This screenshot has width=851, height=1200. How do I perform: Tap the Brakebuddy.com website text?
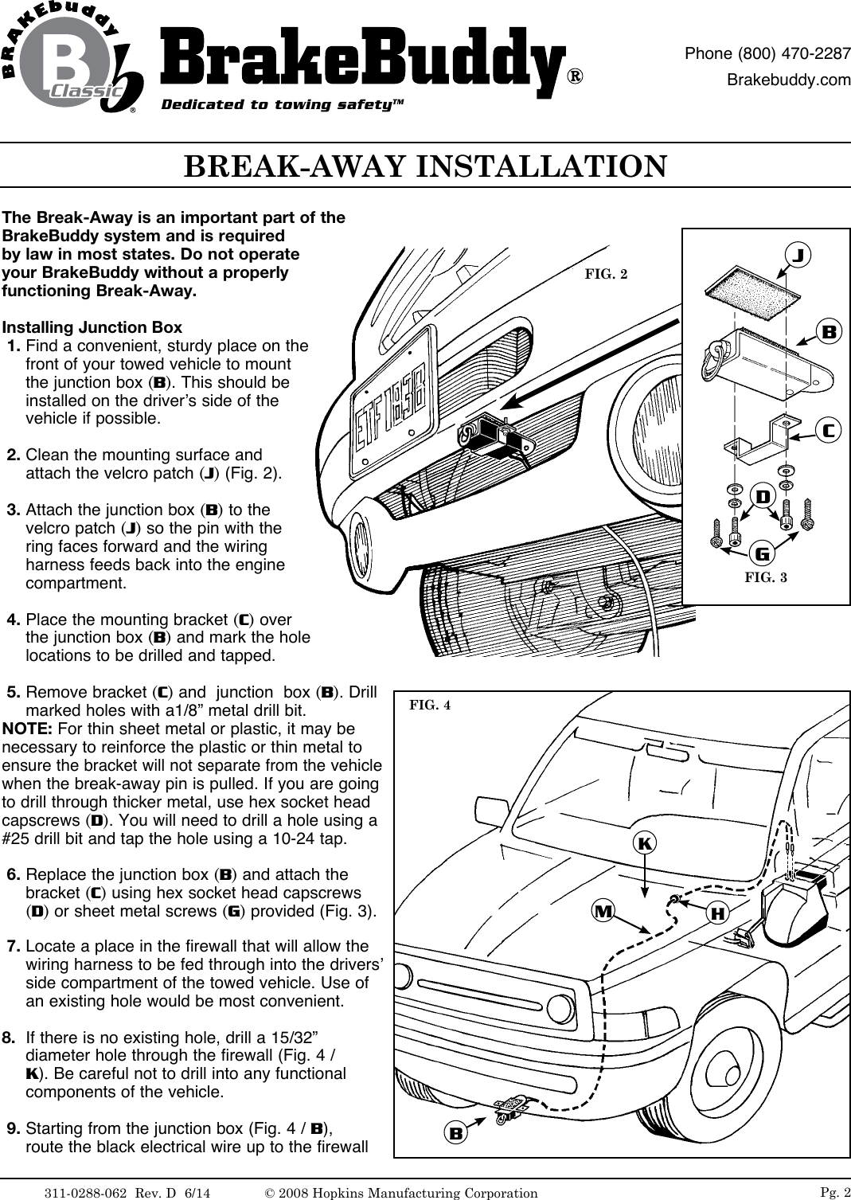point(790,80)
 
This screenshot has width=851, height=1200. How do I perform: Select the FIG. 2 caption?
point(606,274)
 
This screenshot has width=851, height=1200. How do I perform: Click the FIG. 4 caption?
point(429,705)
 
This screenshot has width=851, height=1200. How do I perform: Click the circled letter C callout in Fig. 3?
point(828,430)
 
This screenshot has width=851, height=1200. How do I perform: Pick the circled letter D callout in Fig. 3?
point(762,497)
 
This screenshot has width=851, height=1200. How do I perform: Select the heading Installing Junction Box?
point(92,328)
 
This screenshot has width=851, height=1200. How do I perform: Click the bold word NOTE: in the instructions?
point(28,729)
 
